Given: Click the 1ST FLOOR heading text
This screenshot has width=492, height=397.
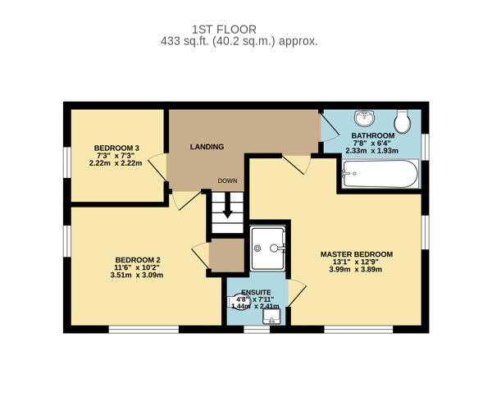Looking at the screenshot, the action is coord(224,30).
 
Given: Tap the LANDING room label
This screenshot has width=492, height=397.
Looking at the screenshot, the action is coord(207,147).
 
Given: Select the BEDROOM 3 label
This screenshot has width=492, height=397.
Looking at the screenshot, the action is coord(116,148).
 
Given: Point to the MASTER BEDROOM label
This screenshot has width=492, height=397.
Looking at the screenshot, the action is coord(357,254).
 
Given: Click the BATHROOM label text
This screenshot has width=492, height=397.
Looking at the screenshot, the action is coord(373,135).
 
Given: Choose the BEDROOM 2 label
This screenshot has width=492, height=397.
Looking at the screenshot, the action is coord(138,260).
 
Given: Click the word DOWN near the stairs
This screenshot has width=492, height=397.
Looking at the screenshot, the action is coord(227,180).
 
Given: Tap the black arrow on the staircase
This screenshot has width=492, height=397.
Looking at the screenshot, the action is coord(227,205).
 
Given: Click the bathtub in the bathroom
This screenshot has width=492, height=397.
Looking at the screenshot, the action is coord(380,174).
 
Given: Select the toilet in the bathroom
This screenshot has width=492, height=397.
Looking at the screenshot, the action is coord(403,121).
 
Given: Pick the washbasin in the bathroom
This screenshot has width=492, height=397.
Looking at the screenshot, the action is coord(364,118).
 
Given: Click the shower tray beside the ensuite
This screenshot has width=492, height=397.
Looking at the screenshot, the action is coord(268,249).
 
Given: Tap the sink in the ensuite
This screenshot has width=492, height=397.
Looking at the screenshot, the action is coord(271,317).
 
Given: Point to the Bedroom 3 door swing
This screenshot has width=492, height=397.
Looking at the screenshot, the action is coord(157,167).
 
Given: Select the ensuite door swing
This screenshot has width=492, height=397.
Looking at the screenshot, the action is coord(297,293).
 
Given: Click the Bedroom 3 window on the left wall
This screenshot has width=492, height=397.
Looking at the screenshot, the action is coord(67,162).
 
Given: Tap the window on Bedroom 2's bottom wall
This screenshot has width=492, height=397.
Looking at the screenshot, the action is coord(143,329).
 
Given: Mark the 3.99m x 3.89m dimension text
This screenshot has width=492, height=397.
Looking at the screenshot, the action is coord(356,269).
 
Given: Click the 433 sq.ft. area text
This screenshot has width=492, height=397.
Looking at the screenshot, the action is coord(184,41).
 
